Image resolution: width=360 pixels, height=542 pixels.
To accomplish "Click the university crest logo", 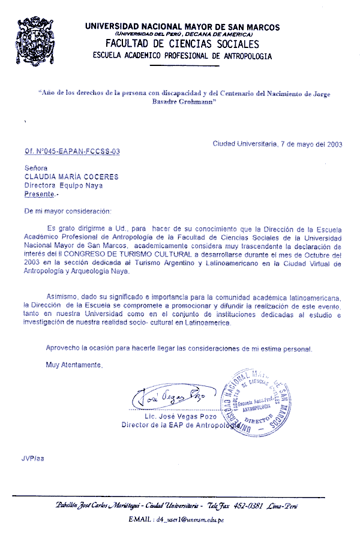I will (x=41, y=40).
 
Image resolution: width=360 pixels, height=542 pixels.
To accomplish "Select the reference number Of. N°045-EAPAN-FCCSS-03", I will (x=72, y=152).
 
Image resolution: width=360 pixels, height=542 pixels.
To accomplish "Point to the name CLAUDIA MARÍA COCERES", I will (x=71, y=177).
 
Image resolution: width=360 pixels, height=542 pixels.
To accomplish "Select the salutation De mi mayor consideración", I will (x=68, y=212).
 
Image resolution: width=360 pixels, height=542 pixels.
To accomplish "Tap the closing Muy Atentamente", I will (x=74, y=365).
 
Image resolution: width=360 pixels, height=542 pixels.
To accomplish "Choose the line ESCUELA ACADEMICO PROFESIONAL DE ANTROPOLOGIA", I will (x=182, y=56).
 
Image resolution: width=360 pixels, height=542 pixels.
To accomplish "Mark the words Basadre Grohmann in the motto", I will (x=182, y=103).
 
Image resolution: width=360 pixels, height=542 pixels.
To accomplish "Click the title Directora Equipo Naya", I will (x=63, y=186).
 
